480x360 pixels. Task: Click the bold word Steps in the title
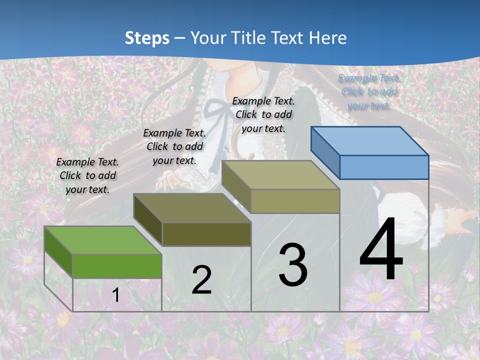coord(147,38)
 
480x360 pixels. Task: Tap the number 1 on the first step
coord(115,295)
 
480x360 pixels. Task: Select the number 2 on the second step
coord(201,280)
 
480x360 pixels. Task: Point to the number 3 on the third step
coord(293,265)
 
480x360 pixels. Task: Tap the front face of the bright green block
coord(117,266)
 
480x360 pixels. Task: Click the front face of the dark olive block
coord(206,234)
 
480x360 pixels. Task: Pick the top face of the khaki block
coord(280,175)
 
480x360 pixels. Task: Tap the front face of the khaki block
coord(295,201)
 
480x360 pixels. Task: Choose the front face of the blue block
coord(384,167)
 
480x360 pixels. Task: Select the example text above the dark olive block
coord(174,146)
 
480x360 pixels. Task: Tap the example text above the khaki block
coord(263,114)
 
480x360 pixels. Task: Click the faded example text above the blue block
coord(369,92)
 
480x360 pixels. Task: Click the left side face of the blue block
coord(325,152)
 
